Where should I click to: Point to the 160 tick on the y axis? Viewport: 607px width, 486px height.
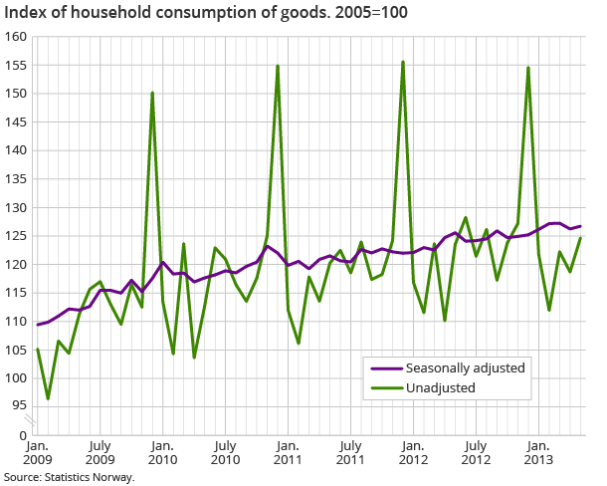point(15,37)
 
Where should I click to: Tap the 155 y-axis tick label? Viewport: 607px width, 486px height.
point(15,66)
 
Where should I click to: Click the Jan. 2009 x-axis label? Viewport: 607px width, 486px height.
point(37,452)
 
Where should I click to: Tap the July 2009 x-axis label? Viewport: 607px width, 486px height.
point(100,452)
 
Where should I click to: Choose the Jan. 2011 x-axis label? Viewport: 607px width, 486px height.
point(288,452)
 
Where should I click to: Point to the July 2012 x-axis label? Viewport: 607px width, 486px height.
point(476,452)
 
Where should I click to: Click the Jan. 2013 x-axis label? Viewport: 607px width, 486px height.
point(538,452)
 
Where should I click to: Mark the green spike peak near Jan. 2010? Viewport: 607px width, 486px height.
point(152,93)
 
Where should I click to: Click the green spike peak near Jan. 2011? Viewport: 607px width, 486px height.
point(278,66)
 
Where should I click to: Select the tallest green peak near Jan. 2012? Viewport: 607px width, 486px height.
point(403,62)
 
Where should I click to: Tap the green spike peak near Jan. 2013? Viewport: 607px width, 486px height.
point(528,68)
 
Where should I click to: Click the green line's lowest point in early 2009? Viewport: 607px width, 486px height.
point(48,398)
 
